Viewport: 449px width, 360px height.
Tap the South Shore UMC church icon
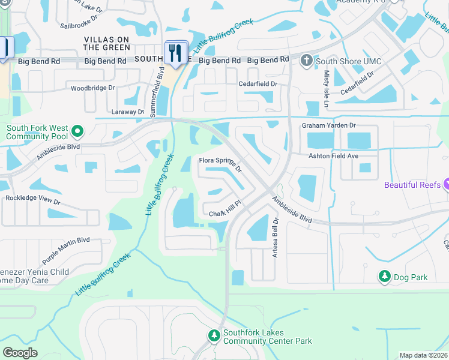click(x=306, y=61)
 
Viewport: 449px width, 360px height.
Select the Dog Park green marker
click(x=384, y=276)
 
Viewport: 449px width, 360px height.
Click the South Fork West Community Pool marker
click(x=77, y=131)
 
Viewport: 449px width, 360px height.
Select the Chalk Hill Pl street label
click(x=224, y=210)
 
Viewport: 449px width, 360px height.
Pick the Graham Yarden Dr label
click(x=328, y=125)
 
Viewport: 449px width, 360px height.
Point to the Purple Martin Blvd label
click(x=65, y=250)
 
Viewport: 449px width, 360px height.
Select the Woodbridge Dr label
click(x=92, y=88)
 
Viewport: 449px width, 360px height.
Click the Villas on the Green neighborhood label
click(x=106, y=43)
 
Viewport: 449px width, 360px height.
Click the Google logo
click(x=20, y=352)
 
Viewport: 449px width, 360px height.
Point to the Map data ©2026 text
click(x=424, y=355)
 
